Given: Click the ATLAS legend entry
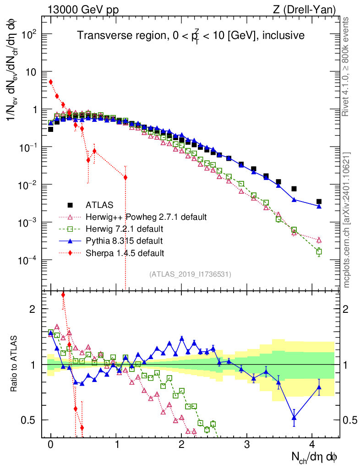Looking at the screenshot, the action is pyautogui.click(x=99, y=205).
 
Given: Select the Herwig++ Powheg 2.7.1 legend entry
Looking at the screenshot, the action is pyautogui.click(x=146, y=217).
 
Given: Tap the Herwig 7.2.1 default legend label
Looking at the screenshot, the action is pyautogui.click(x=125, y=229).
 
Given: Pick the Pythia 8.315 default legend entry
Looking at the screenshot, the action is pyautogui.click(x=124, y=241).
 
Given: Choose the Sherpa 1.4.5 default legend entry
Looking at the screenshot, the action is pyautogui.click(x=125, y=253).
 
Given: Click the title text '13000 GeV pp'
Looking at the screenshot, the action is pyautogui.click(x=83, y=10).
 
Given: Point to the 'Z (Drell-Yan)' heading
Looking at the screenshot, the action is pyautogui.click(x=304, y=10).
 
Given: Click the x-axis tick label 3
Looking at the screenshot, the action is pyautogui.click(x=247, y=444).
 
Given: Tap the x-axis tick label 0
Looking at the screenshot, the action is pyautogui.click(x=50, y=444).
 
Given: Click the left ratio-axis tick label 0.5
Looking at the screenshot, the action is pyautogui.click(x=28, y=420).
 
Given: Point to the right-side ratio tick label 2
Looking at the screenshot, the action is pyautogui.click(x=345, y=309).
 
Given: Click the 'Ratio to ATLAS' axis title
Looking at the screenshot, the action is pyautogui.click(x=14, y=364).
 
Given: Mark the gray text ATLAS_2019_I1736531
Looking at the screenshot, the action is pyautogui.click(x=190, y=274).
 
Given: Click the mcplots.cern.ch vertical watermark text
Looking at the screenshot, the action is pyautogui.click(x=346, y=220).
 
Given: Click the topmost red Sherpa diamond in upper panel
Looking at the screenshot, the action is pyautogui.click(x=51, y=82).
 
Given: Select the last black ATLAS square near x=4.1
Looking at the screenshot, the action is pyautogui.click(x=319, y=202).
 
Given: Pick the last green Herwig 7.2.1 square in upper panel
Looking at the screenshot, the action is pyautogui.click(x=319, y=252).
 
